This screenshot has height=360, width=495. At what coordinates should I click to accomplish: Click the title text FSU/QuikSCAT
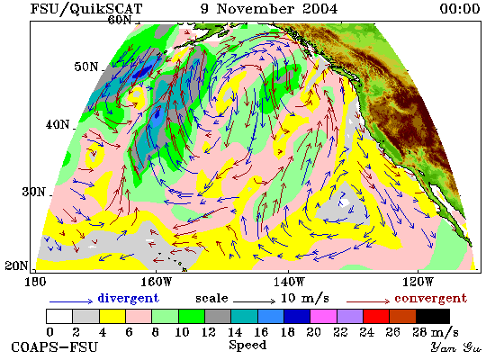coord(86,8)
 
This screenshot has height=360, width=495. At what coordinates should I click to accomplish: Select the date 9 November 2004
coord(269,8)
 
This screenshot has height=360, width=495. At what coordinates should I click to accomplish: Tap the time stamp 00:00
coord(460,8)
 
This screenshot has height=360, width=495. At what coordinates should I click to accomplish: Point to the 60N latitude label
coord(120,20)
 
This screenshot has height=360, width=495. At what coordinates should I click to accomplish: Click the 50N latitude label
coord(86,67)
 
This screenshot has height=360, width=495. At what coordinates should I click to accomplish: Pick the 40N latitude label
coord(58,124)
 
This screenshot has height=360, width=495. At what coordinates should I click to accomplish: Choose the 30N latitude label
coord(33,192)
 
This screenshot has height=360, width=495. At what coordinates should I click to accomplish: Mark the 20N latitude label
coord(16,265)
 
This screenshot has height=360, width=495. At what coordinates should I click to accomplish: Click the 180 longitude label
coord(35,282)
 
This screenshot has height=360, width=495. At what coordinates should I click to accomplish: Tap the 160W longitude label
coord(156,282)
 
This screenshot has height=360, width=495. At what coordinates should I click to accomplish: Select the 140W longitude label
coord(289,282)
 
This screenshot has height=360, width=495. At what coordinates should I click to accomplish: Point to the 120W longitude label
coord(418,282)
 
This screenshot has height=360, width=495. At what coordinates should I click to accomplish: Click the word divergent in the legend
coord(128,298)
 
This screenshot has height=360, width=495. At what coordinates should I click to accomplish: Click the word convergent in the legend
coord(430,299)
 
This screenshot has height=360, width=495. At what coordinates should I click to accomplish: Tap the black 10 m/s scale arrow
coord(254,301)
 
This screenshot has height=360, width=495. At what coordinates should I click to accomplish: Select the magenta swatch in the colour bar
coord(323,317)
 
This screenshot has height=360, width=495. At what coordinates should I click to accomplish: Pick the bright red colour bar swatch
coord(376,317)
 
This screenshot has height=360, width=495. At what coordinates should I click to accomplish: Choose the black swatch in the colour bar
coord(433,317)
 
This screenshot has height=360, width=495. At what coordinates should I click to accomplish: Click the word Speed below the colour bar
coord(247,345)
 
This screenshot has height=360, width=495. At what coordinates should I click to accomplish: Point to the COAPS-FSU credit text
coord(54,347)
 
